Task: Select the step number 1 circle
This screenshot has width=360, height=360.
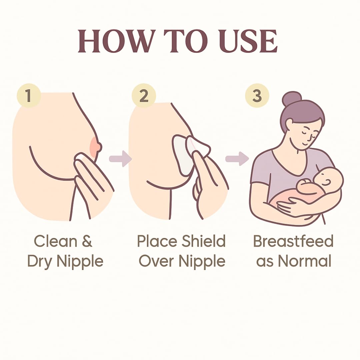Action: tap(29, 95)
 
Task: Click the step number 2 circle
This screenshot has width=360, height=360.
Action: tap(144, 96)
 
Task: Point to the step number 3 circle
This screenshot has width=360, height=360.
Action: tap(257, 95)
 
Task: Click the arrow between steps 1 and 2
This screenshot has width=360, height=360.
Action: tap(120, 159)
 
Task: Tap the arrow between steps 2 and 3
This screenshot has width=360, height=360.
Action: tap(237, 159)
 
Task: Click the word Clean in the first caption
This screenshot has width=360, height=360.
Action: tap(56, 241)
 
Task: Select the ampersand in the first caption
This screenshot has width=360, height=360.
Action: tap(87, 241)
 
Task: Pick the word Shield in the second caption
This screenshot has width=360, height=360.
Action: tap(203, 241)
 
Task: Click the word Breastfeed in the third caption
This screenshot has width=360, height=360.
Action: tap(293, 241)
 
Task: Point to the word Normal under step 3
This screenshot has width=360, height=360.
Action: tap(305, 261)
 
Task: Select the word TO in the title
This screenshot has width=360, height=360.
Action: tap(187, 41)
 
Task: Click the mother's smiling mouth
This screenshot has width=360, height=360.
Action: tap(304, 143)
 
